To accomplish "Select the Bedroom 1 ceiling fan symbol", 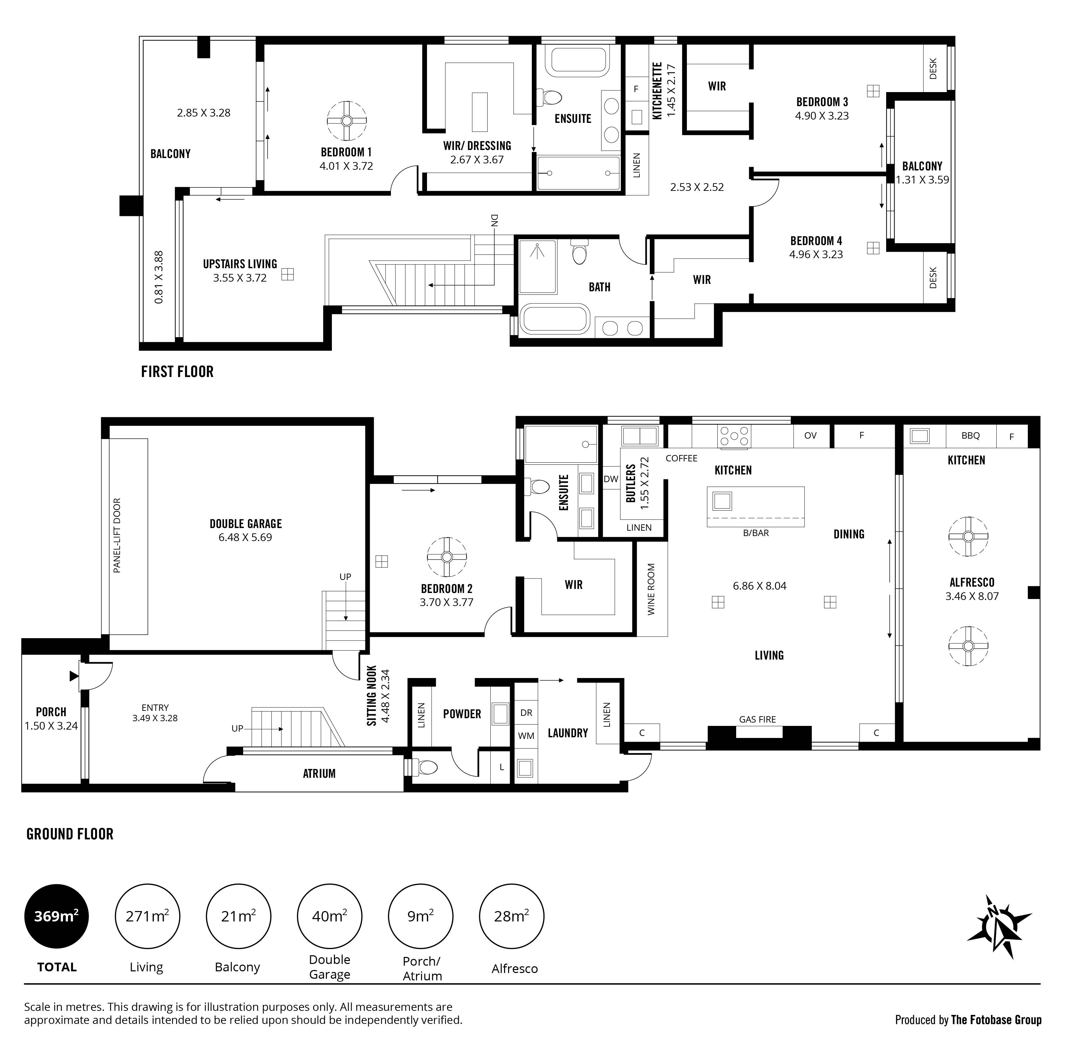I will click(347, 121).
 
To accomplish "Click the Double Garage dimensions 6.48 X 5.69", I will click(245, 537).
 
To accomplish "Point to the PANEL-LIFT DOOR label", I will click(117, 536).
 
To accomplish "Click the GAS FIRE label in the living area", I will click(757, 719).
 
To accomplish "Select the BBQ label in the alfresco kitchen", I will click(971, 436).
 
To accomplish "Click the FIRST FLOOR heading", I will click(177, 372).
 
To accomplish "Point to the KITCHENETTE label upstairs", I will click(657, 91).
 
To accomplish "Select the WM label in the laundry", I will click(526, 736).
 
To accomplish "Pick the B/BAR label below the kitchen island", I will click(756, 533).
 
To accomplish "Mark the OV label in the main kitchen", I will click(810, 436).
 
